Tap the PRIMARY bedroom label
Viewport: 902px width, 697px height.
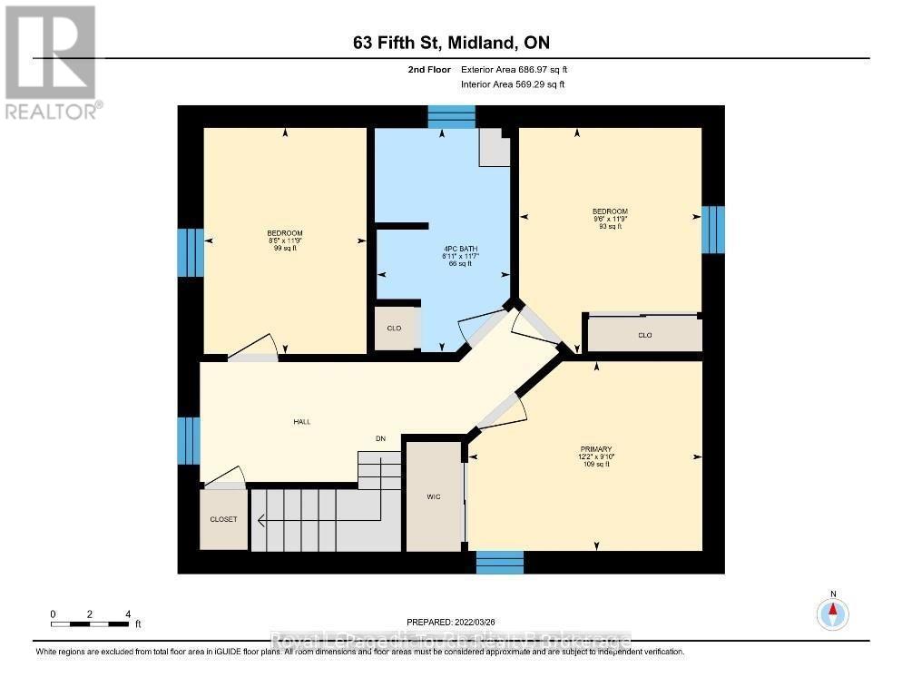coord(596,449)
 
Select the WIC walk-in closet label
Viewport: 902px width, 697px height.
coord(434,496)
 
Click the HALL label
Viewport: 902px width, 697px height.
coord(301,422)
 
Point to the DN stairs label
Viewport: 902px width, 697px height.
coord(381,439)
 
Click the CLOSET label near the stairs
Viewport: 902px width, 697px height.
coord(223,519)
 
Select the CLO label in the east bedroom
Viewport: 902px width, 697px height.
coord(644,335)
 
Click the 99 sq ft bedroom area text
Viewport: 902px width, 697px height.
coord(285,248)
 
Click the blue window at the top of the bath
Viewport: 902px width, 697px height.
coord(451,117)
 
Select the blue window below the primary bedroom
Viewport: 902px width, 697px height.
coord(499,562)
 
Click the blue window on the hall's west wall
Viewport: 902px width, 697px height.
coord(189,440)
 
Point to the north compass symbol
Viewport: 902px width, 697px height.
coord(832,614)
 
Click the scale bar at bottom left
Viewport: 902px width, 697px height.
coord(90,623)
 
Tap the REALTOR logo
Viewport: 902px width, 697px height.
coord(52,62)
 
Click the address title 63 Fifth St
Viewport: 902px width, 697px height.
coord(451,43)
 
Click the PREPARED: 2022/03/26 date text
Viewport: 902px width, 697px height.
coord(451,622)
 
